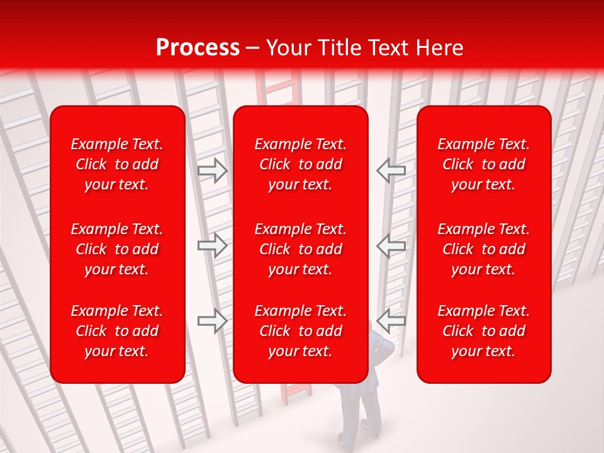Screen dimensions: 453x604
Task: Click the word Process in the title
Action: pyautogui.click(x=198, y=48)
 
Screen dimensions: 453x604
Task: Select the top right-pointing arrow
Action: pyautogui.click(x=213, y=170)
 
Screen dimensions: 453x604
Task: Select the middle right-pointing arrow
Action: pyautogui.click(x=213, y=245)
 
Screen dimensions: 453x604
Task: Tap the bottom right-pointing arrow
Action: pyautogui.click(x=213, y=321)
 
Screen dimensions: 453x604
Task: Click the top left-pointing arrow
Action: pyautogui.click(x=391, y=170)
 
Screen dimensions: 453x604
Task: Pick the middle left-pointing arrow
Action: pyautogui.click(x=391, y=245)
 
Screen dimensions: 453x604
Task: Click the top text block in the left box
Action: pyautogui.click(x=117, y=164)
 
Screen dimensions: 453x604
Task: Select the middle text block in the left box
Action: pyautogui.click(x=117, y=249)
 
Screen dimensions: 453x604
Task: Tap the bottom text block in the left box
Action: pyautogui.click(x=117, y=331)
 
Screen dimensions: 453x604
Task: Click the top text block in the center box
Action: pyautogui.click(x=300, y=164)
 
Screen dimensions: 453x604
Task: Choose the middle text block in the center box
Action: pyautogui.click(x=300, y=249)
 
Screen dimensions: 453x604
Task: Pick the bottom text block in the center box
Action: pyautogui.click(x=300, y=331)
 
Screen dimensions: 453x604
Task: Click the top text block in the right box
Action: pyautogui.click(x=483, y=164)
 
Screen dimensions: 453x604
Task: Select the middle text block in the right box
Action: pyautogui.click(x=483, y=249)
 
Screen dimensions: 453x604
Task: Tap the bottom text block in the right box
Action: pyautogui.click(x=483, y=331)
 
